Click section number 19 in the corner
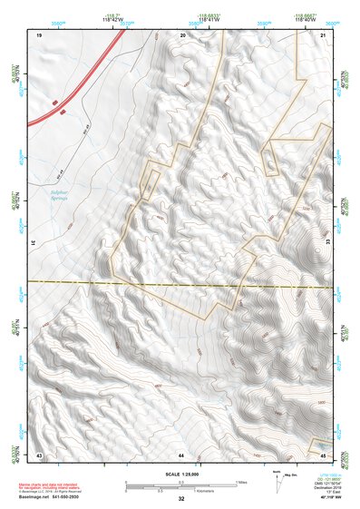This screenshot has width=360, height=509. [x=40, y=34]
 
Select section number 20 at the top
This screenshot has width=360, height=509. [x=182, y=34]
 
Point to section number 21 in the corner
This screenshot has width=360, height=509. [x=324, y=34]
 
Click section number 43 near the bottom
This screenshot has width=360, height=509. [x=39, y=453]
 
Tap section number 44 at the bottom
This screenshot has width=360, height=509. [x=181, y=453]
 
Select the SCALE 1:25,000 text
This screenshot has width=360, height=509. [x=180, y=474]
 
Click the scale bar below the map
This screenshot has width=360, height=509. [x=180, y=485]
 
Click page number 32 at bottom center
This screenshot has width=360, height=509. [x=180, y=499]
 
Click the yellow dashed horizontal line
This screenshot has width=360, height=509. [x=181, y=283]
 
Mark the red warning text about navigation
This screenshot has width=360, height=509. [x=54, y=486]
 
